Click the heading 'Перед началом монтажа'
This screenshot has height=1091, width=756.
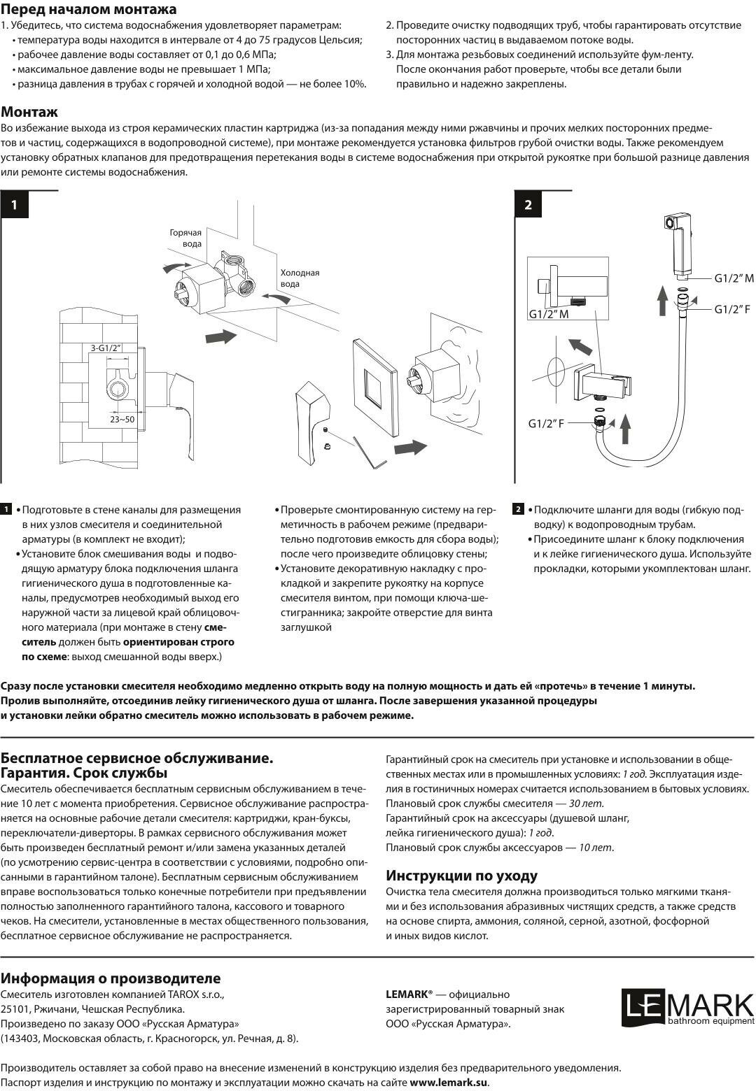88,9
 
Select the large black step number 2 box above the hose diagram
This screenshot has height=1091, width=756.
528,204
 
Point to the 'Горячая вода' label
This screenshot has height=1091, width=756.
185,238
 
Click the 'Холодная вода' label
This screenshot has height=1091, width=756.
300,278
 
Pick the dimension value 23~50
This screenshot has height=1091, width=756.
122,419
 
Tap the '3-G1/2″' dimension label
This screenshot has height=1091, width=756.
106,348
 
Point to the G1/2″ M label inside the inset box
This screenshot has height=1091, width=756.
548,314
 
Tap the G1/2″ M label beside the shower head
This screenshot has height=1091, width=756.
734,278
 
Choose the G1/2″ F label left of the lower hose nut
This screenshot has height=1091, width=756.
546,423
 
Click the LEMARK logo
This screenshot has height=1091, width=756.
687,1008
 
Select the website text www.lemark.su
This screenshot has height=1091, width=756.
448,1082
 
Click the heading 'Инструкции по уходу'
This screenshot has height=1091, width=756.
462,876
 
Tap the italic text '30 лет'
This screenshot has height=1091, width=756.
587,804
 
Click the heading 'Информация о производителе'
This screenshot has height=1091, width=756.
111,978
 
